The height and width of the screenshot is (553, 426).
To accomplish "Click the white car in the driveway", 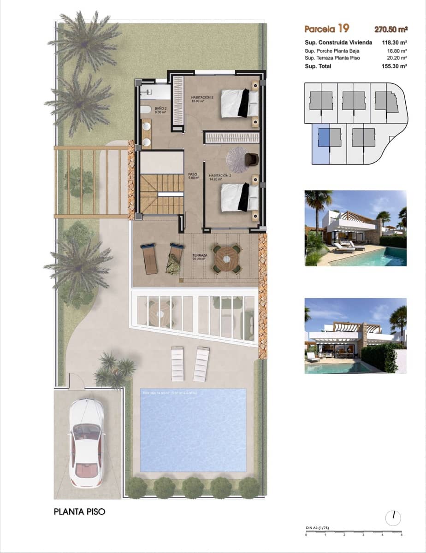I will coord(86,442).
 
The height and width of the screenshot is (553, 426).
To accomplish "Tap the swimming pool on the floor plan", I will coord(193,430).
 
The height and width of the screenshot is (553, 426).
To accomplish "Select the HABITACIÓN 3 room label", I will coord(202,99).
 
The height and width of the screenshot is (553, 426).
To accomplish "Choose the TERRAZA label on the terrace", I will coord(200,257).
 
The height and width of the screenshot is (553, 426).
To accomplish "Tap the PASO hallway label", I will coord(193,176).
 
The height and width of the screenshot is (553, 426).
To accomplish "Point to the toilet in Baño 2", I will coord(144,110).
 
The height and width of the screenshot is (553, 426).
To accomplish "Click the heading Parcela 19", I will coord(326,29).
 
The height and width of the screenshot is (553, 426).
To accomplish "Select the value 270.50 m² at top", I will coord(390,29).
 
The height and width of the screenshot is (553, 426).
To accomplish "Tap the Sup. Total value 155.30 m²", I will coord(394,66).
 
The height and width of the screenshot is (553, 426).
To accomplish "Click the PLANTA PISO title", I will coord(80,512).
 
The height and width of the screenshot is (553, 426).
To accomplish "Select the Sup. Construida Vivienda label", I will coord(338,42).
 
